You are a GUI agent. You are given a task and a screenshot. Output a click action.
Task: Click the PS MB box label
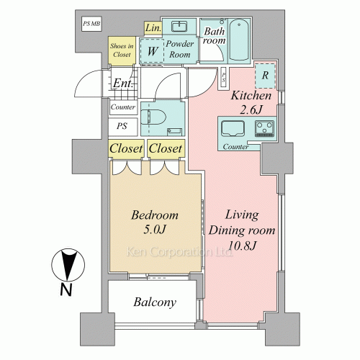(91, 24)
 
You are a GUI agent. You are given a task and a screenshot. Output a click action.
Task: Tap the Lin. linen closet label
(153, 28)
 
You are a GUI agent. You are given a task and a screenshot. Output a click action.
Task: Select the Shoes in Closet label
(122, 50)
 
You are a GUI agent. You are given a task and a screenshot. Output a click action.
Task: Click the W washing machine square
(152, 51)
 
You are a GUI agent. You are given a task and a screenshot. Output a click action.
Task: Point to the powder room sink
(179, 27)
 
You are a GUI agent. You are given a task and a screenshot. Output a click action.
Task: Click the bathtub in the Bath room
(238, 40)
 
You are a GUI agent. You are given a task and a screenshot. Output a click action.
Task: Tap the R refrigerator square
(265, 76)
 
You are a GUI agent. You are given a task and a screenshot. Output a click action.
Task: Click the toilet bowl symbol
(153, 117)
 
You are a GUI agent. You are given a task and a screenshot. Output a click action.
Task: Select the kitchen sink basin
(233, 129)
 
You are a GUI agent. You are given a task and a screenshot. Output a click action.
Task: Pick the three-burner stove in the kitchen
(264, 128)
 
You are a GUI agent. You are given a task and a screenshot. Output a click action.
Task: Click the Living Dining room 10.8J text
(242, 230)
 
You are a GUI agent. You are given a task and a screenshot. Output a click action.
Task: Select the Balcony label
(155, 302)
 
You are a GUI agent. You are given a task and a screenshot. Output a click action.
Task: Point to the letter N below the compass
(66, 290)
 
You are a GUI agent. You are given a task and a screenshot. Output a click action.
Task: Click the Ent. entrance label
(123, 84)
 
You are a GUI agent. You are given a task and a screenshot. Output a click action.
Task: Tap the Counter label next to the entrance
(123, 107)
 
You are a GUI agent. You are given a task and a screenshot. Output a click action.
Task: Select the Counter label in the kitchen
(235, 147)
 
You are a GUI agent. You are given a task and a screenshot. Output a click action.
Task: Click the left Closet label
(126, 148)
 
